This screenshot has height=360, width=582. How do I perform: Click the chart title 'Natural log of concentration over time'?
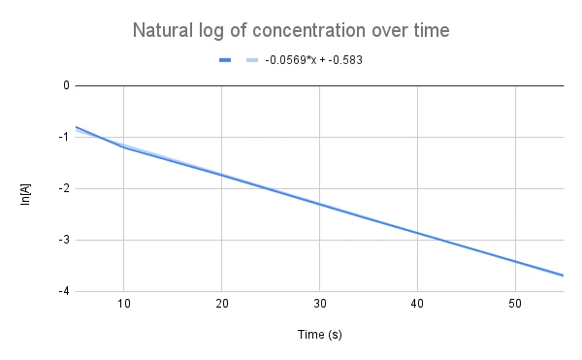point(291,31)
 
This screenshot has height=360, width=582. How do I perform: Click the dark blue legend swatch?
point(225,60)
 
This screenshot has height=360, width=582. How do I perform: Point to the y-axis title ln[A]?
point(25,188)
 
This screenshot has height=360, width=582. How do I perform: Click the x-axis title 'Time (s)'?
point(319,335)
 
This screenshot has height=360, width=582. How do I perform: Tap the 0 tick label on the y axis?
point(66,85)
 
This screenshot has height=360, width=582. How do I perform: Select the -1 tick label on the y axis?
point(64,137)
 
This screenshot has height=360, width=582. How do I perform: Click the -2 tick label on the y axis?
point(64,188)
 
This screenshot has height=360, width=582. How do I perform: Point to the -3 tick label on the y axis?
point(64,240)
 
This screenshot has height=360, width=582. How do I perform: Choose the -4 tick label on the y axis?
point(64,291)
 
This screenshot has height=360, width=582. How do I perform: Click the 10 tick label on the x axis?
point(124,305)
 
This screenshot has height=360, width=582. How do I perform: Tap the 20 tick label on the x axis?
point(222,305)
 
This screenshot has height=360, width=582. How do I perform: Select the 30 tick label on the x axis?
point(320,305)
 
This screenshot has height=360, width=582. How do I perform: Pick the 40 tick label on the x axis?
point(417,305)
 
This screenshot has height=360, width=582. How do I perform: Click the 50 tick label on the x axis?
point(515,305)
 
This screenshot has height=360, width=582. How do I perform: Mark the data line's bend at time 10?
point(124,147)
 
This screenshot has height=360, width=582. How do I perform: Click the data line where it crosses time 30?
point(320,205)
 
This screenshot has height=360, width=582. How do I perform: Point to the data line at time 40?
point(417,233)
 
